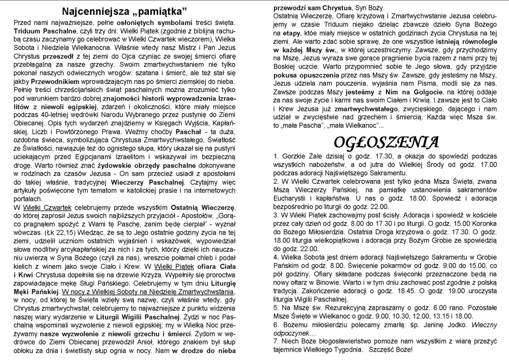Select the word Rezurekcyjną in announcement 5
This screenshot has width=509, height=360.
(x=337, y=308)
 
